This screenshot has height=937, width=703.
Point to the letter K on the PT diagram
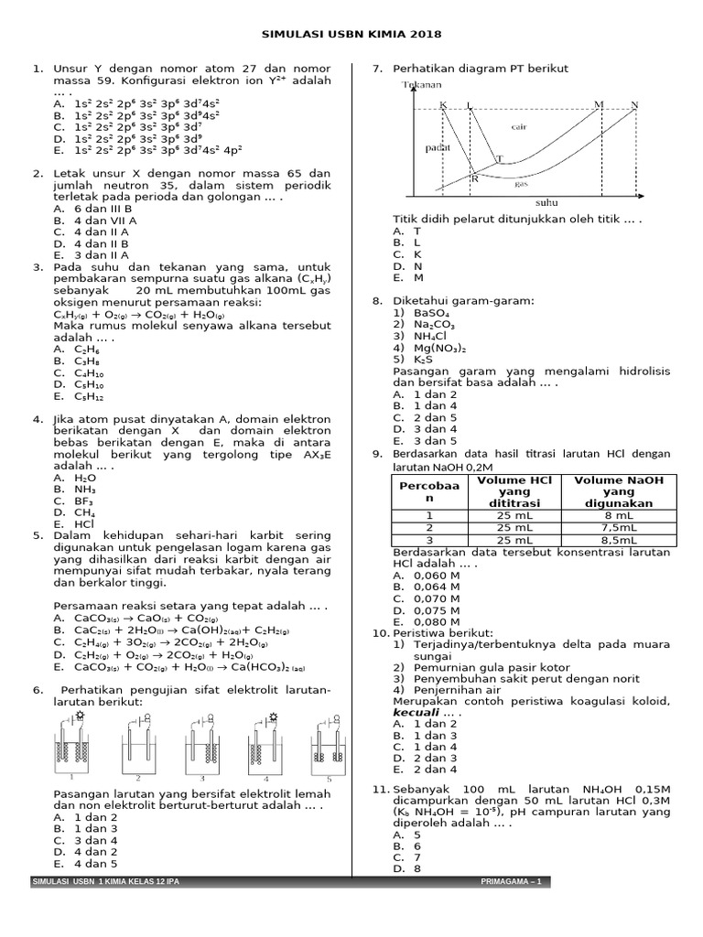[x=442, y=105]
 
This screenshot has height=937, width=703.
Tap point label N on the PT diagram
[x=634, y=105]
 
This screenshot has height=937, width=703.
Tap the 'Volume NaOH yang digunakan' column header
[x=618, y=491]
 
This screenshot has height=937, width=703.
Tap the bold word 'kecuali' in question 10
[x=416, y=712]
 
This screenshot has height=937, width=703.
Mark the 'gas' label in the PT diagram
[x=522, y=183]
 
